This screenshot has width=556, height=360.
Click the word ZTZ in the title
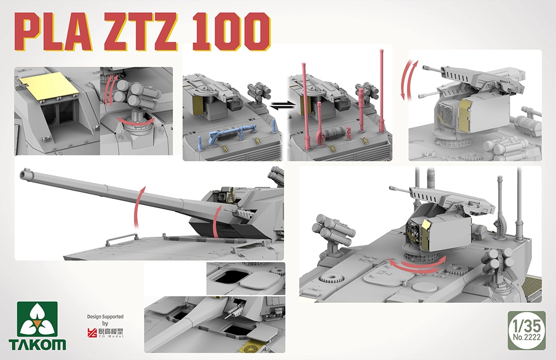[x=140, y=32]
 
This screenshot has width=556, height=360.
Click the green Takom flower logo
[x=37, y=319]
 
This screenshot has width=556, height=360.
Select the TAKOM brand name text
[x=37, y=344]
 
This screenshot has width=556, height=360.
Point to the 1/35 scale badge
[x=527, y=330]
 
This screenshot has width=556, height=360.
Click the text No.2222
[x=527, y=337]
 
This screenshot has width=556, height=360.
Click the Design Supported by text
[x=105, y=319]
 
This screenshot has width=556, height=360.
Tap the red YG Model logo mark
[x=92, y=332]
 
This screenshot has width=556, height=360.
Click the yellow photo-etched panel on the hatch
[x=49, y=85]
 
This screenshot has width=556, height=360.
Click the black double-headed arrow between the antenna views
[x=282, y=104]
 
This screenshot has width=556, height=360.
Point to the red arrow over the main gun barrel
[x=140, y=206]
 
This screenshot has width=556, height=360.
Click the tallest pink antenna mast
[x=381, y=91]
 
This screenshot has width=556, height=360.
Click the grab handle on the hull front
[x=122, y=238]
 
